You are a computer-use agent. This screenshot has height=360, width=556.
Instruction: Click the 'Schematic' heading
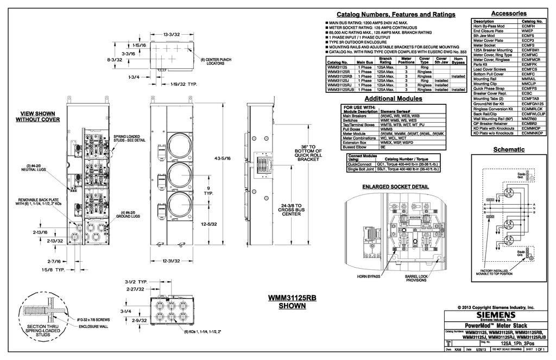coord(508,150)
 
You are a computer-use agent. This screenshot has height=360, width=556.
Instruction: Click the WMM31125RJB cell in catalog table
coord(342,90)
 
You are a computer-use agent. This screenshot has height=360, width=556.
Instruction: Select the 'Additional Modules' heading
coord(393,99)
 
